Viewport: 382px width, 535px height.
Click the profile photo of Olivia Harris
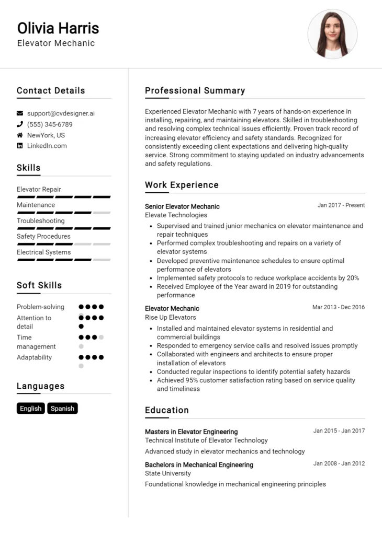click(x=332, y=34)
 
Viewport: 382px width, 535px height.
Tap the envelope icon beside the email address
click(x=20, y=113)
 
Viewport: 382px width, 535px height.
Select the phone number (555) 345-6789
click(x=50, y=124)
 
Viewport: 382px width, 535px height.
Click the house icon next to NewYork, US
click(x=20, y=135)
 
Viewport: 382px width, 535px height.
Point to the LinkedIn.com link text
click(x=47, y=146)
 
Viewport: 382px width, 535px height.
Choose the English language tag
click(x=31, y=409)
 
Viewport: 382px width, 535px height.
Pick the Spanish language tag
click(x=62, y=409)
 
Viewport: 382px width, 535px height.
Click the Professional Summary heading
click(x=195, y=91)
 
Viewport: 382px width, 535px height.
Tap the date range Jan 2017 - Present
click(x=341, y=205)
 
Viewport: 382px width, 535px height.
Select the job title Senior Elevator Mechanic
click(x=182, y=206)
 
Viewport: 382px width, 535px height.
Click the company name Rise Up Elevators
click(x=170, y=317)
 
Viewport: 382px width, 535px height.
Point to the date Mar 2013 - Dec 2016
click(x=339, y=307)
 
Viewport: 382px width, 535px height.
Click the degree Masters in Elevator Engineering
click(x=191, y=432)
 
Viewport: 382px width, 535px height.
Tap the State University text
click(x=167, y=473)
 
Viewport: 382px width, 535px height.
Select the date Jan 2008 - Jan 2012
click(x=339, y=463)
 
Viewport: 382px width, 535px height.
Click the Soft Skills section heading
click(x=39, y=285)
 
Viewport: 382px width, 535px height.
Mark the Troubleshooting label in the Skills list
click(x=41, y=221)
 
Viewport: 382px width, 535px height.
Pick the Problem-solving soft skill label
click(x=40, y=307)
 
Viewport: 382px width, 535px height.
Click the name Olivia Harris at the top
click(x=58, y=28)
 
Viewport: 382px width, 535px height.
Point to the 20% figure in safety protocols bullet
click(x=352, y=278)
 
